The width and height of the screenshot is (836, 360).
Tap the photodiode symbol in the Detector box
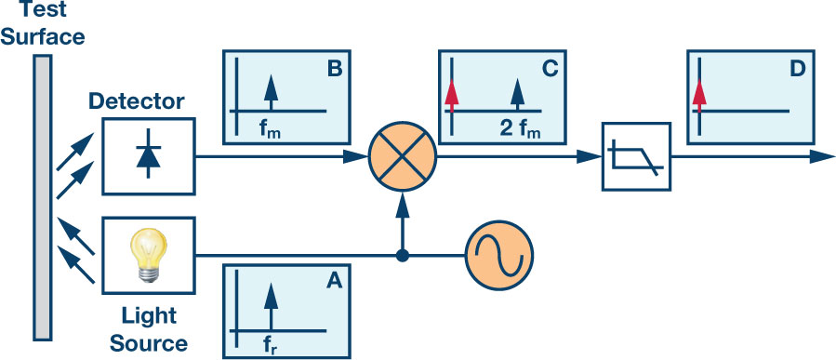pyautogui.click(x=148, y=155)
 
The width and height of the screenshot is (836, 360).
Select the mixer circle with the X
pyautogui.click(x=403, y=157)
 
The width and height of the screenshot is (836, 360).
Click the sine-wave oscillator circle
pyautogui.click(x=499, y=256)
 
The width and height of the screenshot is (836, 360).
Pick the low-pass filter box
pyautogui.click(x=637, y=157)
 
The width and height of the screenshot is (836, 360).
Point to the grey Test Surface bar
pyautogui.click(x=43, y=197)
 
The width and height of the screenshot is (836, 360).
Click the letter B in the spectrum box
pyautogui.click(x=334, y=70)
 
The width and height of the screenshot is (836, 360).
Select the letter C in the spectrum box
pyautogui.click(x=550, y=69)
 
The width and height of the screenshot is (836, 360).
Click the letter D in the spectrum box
pyautogui.click(x=798, y=69)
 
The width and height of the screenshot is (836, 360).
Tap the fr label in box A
pyautogui.click(x=271, y=347)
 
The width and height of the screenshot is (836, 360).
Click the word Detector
pyautogui.click(x=137, y=100)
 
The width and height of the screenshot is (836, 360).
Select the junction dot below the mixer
pyautogui.click(x=403, y=256)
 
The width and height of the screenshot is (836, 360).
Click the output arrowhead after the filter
pyautogui.click(x=822, y=157)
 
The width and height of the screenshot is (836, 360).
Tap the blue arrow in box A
pyautogui.click(x=271, y=307)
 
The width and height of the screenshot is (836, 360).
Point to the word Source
pyautogui.click(x=149, y=343)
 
